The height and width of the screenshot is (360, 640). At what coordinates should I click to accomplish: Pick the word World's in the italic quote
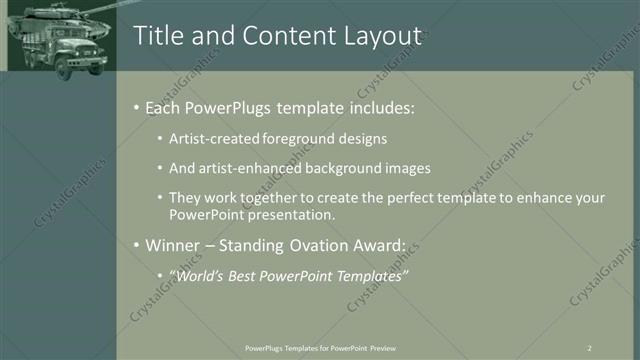[198, 275]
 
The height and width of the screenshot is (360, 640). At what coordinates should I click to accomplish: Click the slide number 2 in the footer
[590, 347]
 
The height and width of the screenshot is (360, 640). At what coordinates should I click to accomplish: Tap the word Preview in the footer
[381, 347]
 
